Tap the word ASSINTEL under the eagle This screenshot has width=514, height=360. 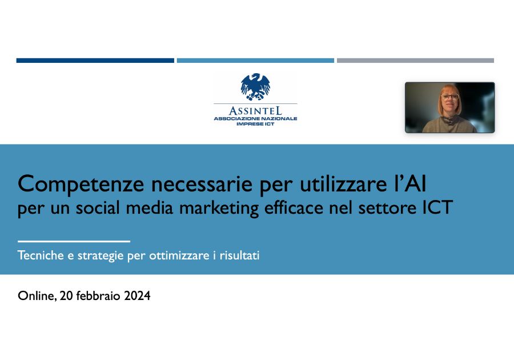tap(255, 110)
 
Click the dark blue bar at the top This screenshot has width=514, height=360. tap(95, 60)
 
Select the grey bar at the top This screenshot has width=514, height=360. tap(415, 60)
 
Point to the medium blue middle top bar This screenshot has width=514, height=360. tap(255, 60)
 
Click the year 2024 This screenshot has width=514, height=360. tap(136, 296)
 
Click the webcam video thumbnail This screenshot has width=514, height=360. tap(449, 107)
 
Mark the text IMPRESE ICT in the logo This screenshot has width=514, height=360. tap(255, 123)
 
